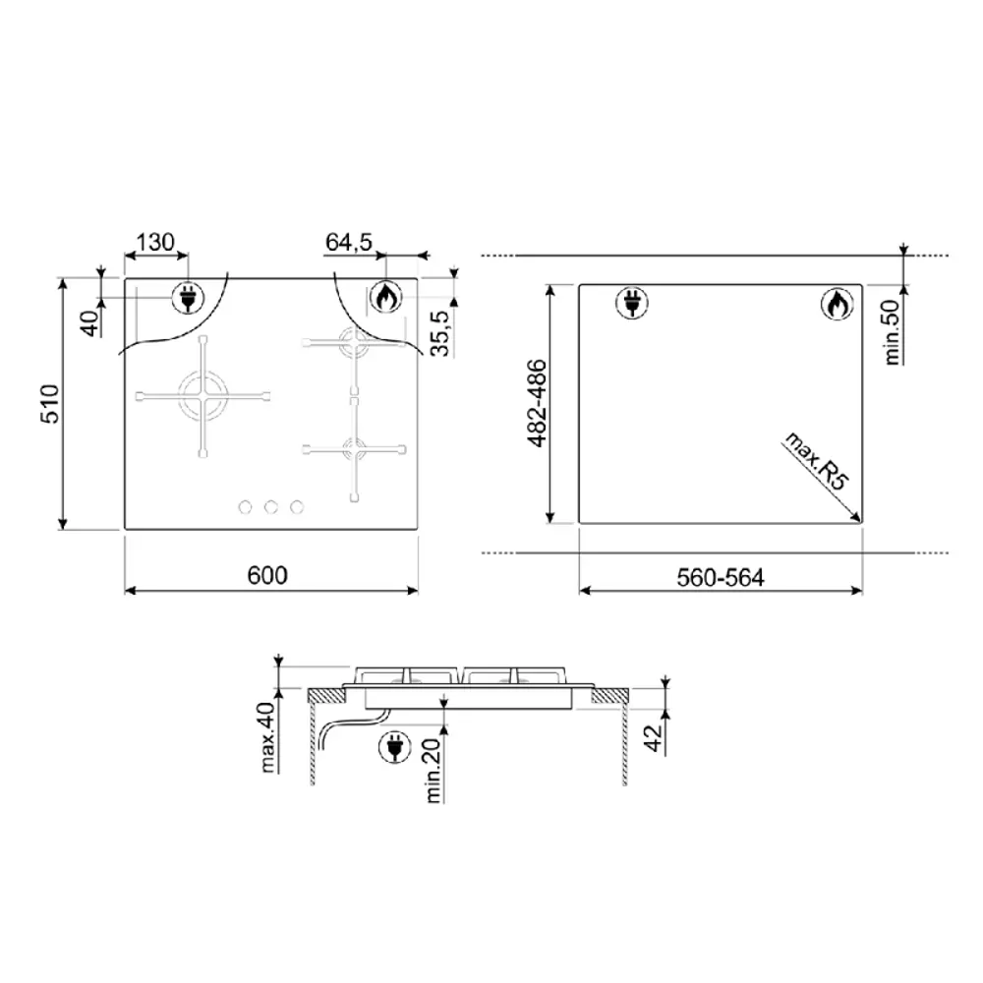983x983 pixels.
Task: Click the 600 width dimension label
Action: [267, 575]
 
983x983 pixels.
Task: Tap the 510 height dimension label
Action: [50, 404]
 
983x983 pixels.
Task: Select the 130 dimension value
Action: [155, 242]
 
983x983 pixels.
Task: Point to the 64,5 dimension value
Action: [349, 242]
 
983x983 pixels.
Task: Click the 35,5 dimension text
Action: [441, 333]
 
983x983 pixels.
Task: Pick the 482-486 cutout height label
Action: [537, 404]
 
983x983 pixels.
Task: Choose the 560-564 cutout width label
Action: [721, 577]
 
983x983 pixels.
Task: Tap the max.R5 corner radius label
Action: [817, 461]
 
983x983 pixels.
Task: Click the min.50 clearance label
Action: [892, 331]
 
